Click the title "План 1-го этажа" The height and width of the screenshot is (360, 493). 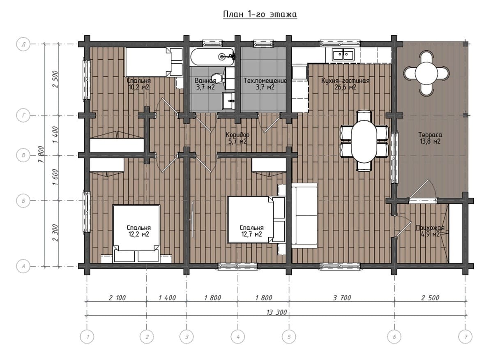pyautogui.click(x=260, y=14)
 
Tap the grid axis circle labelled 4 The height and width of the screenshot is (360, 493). pyautogui.click(x=238, y=337)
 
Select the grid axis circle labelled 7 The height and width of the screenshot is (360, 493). pyautogui.click(x=465, y=337)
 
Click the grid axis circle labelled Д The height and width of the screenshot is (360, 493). pyautogui.click(x=23, y=44)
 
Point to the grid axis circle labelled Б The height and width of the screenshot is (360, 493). pyautogui.click(x=23, y=201)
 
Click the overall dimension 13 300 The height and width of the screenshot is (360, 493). pyautogui.click(x=276, y=312)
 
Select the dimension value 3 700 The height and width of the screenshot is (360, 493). pyautogui.click(x=342, y=298)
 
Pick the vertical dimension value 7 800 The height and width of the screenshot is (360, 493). pyautogui.click(x=41, y=154)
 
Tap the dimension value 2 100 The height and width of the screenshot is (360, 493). pyautogui.click(x=117, y=298)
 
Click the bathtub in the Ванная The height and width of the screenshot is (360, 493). pyautogui.click(x=212, y=57)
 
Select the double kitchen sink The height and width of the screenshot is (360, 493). pyautogui.click(x=343, y=54)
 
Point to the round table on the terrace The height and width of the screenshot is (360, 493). pyautogui.click(x=426, y=73)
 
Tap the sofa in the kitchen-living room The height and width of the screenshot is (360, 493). pyautogui.click(x=304, y=216)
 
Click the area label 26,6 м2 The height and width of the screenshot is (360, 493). pyautogui.click(x=346, y=87)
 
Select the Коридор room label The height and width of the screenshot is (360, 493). pyautogui.click(x=237, y=134)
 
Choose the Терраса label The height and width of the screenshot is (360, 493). pyautogui.click(x=430, y=134)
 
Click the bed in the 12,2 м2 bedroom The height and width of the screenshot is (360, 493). pyautogui.click(x=136, y=233)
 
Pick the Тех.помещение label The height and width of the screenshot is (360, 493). pyautogui.click(x=265, y=81)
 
